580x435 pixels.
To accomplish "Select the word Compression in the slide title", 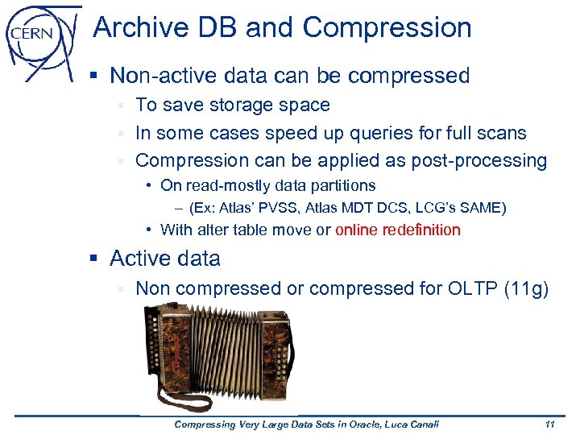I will click(x=387, y=27).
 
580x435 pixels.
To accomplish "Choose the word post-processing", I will click(x=479, y=160).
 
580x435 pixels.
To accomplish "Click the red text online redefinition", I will click(x=398, y=230).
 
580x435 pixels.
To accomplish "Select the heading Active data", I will click(x=165, y=259).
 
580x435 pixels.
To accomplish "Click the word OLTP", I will click(x=465, y=288).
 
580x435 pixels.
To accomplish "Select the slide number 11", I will click(x=549, y=425).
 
